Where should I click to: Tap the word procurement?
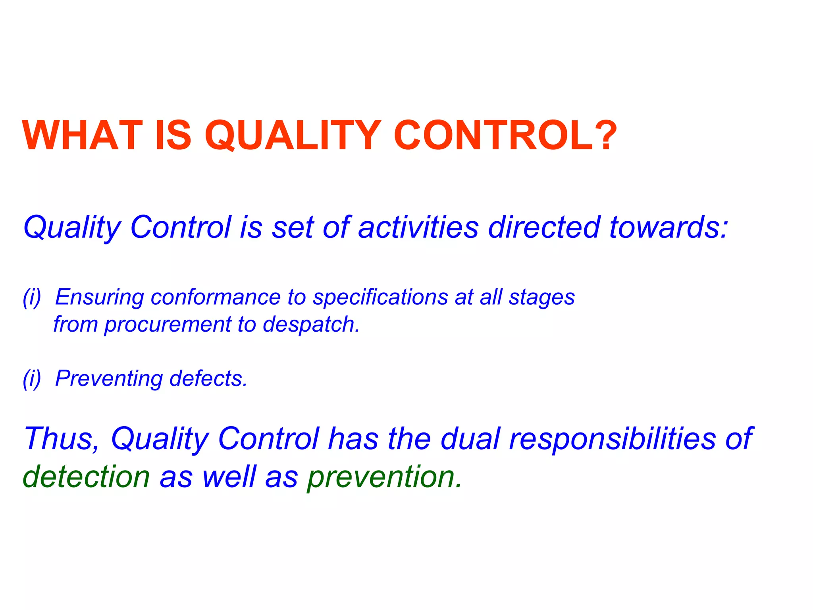[x=167, y=325]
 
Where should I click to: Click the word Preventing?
[x=109, y=379]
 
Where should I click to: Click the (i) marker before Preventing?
[x=32, y=379]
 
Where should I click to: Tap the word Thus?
[x=62, y=439]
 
